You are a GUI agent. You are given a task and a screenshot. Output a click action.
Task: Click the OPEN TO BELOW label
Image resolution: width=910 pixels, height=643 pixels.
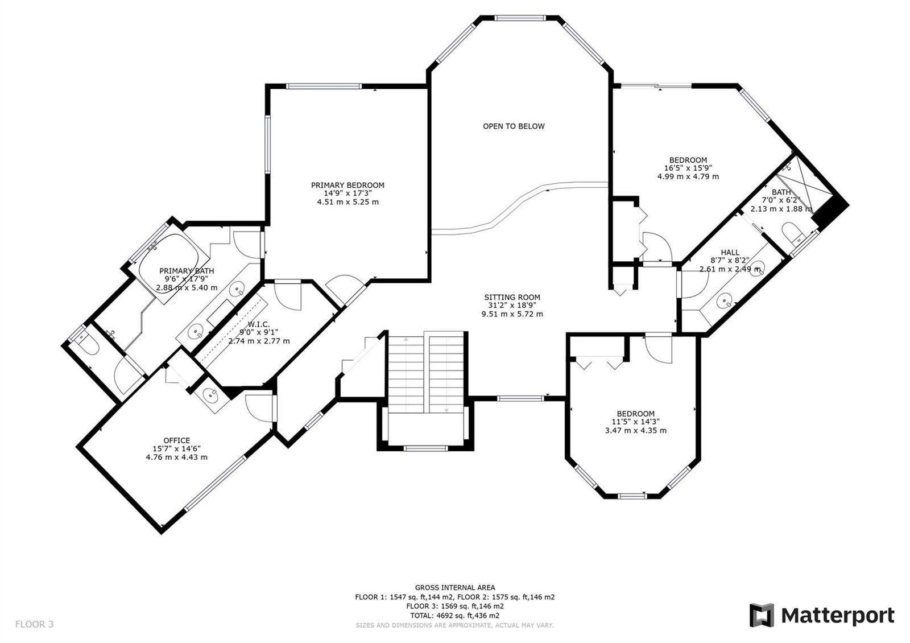pos(514,126)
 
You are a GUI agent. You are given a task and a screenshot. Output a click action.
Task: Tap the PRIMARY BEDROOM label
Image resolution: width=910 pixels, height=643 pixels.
pos(348,186)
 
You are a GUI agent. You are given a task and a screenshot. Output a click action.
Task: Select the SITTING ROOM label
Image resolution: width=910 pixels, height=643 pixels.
pos(512,297)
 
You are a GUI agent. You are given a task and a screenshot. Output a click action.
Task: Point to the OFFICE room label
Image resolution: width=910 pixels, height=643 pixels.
pos(177,440)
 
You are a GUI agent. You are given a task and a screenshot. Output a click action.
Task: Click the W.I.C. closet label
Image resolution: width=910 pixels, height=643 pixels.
pos(259,324)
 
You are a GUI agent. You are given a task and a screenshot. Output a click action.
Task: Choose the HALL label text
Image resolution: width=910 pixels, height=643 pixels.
pos(730,253)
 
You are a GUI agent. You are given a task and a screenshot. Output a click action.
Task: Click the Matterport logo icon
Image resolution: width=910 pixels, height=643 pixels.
pos(762,615)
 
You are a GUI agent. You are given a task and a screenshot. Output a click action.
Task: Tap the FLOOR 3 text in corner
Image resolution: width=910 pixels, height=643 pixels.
pos(34,624)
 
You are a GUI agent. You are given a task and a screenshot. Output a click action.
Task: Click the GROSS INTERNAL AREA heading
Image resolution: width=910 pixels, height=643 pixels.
pos(454,587)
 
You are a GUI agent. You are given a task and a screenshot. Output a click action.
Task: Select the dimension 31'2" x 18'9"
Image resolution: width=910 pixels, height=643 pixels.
pos(512,306)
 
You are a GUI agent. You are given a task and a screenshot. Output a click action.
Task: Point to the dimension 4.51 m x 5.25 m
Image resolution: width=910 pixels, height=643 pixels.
pos(348,202)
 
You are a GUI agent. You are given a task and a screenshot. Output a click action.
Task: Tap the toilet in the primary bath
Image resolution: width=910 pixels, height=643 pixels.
pos(87,344)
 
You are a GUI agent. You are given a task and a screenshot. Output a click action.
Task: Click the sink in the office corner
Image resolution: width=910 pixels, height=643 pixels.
pos(210,394)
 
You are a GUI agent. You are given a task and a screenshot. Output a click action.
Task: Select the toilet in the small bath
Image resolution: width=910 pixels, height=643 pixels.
pos(793,232)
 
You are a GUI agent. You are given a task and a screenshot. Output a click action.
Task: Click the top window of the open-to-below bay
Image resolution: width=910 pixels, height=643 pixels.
pos(519,18)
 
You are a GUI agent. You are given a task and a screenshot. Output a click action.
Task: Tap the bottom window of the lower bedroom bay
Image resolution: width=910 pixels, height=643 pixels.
pos(632,496)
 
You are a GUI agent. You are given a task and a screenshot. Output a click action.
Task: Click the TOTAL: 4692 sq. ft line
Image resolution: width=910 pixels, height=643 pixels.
pos(454,616)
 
